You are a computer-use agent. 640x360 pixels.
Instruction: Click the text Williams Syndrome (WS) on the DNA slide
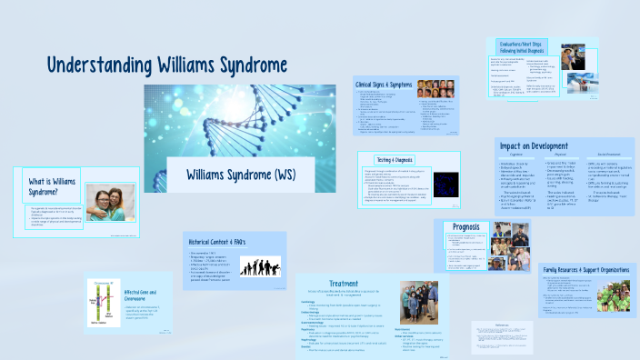239,173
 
